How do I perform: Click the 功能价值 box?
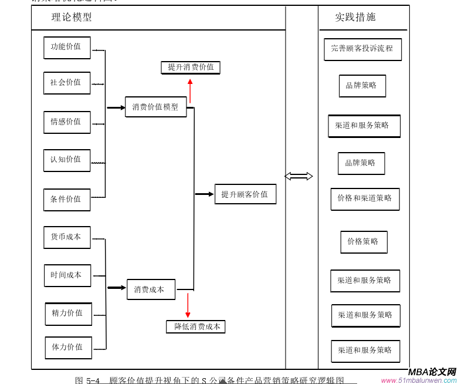pyautogui.click(x=67, y=48)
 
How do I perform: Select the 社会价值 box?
pyautogui.click(x=67, y=83)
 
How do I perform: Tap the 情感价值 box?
pyautogui.click(x=67, y=122)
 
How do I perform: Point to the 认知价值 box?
pyautogui.click(x=67, y=160)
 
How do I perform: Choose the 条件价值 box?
pyautogui.click(x=67, y=199)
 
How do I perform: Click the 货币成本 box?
pyautogui.click(x=67, y=237)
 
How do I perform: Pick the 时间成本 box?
pyautogui.click(x=67, y=275)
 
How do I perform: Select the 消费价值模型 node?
pyautogui.click(x=155, y=107)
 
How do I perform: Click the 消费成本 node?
pyautogui.click(x=151, y=289)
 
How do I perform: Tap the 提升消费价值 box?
pyautogui.click(x=191, y=68)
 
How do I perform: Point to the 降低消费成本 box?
pyautogui.click(x=196, y=326)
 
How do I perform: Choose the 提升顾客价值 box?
pyautogui.click(x=245, y=194)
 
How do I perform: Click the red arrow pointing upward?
pyautogui.click(x=190, y=91)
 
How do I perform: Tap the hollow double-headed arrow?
pyautogui.click(x=298, y=176)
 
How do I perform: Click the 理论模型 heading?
pyautogui.click(x=72, y=18)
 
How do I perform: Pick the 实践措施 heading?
pyautogui.click(x=355, y=18)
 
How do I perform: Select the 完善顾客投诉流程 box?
pyautogui.click(x=362, y=49)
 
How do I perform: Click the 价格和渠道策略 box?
pyautogui.click(x=365, y=198)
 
